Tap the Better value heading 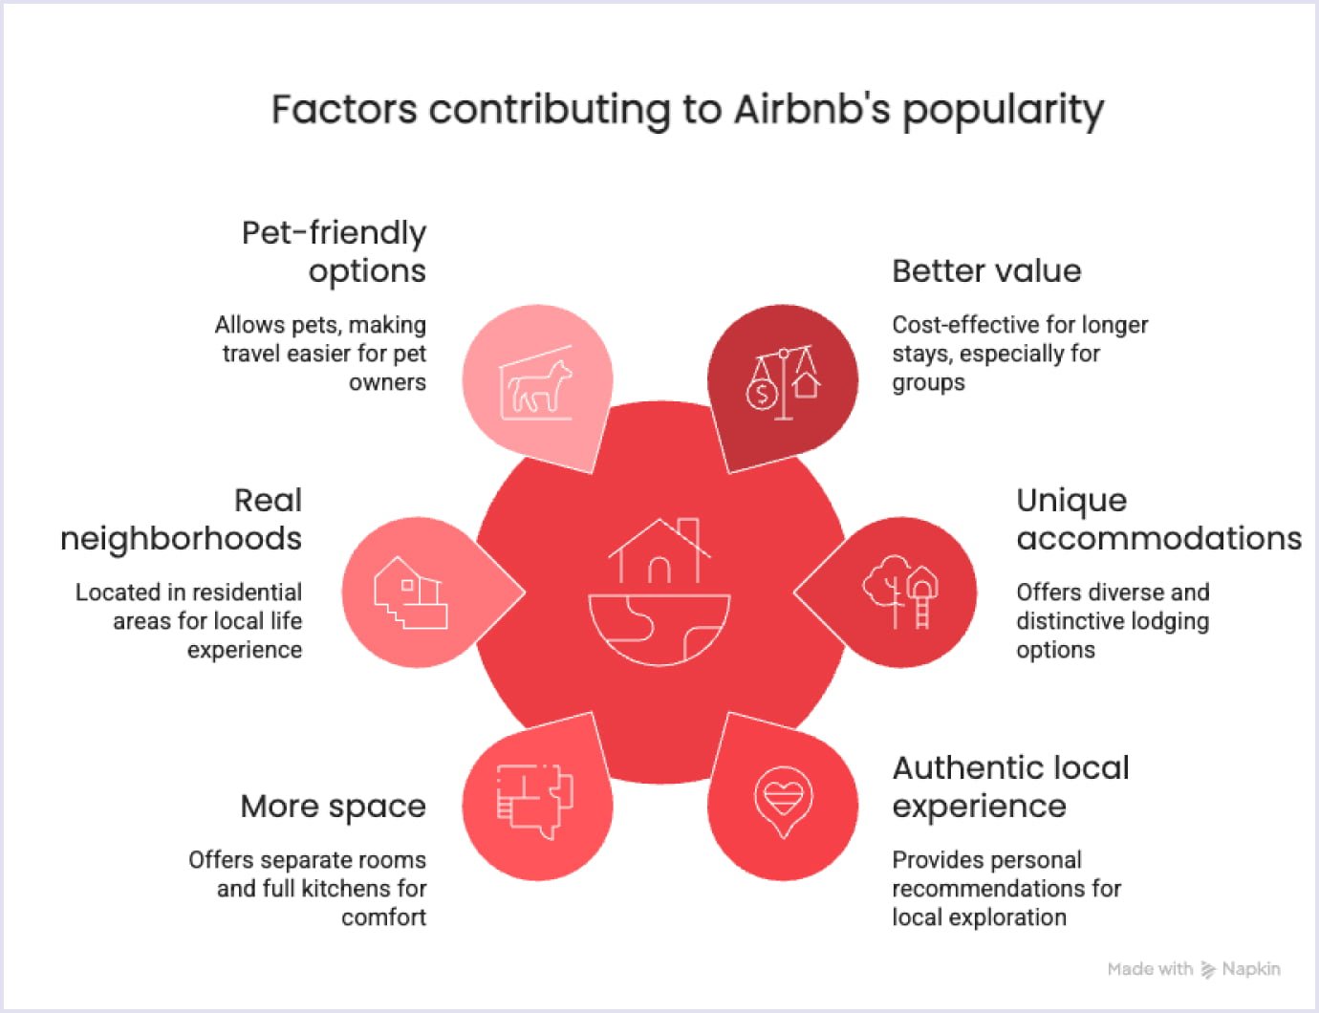coord(985,271)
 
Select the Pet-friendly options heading coord(334,251)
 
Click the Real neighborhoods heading coord(182,519)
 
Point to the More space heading coord(333,807)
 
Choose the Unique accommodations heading coord(1157,519)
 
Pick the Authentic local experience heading coord(1009,787)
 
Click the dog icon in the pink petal coord(537,385)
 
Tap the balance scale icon coord(783,383)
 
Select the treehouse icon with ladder coord(900,591)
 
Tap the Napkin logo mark coord(1208,969)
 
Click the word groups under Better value coord(928,382)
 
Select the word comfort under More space coord(383,917)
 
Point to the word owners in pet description coord(387,382)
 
